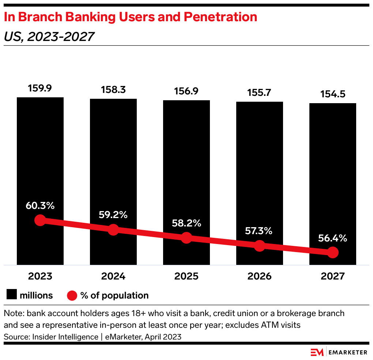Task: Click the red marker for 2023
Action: click(40, 220)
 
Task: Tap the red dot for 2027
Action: click(332, 252)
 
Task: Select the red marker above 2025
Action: click(186, 237)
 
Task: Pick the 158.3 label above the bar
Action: click(113, 90)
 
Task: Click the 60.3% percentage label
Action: click(40, 206)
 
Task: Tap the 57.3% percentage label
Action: click(259, 231)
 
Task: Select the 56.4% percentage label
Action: click(332, 238)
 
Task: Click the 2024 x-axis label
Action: click(113, 276)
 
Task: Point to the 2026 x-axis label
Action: click(259, 276)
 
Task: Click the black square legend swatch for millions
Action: click(12, 295)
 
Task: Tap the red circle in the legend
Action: click(72, 295)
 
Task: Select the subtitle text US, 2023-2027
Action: click(49, 36)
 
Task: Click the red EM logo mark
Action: click(317, 352)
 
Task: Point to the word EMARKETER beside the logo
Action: click(348, 352)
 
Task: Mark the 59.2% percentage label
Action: click(113, 215)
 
